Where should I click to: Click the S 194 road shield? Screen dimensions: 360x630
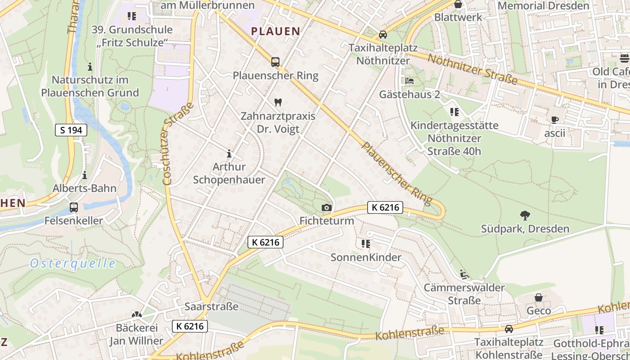click(71, 130)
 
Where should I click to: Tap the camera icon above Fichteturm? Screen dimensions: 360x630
click(327, 207)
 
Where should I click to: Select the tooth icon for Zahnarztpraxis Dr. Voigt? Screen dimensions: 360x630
click(278, 102)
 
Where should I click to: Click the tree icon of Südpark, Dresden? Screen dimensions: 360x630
click(525, 215)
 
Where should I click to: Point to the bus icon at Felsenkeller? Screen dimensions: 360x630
click(74, 207)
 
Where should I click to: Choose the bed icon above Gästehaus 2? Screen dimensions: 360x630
click(409, 81)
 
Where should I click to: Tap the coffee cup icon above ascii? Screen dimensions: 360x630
click(554, 120)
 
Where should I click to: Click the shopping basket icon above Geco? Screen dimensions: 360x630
click(539, 297)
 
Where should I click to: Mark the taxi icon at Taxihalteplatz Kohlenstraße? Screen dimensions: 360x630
click(509, 329)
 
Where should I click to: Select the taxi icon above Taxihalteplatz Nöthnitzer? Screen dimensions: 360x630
click(382, 34)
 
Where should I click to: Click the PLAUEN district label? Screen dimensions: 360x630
click(275, 31)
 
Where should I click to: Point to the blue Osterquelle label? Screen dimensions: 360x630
click(72, 264)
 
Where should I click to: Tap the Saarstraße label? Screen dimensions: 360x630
click(211, 306)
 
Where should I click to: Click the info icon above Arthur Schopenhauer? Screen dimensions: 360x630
click(229, 153)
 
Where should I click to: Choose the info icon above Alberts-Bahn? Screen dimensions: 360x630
click(85, 175)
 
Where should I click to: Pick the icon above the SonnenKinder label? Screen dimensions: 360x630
click(366, 244)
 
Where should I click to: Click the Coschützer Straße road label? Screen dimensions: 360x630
click(178, 143)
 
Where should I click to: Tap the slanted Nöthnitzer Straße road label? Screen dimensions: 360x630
click(472, 69)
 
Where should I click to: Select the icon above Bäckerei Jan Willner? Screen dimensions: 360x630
click(136, 314)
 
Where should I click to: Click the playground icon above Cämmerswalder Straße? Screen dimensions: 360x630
click(464, 274)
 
